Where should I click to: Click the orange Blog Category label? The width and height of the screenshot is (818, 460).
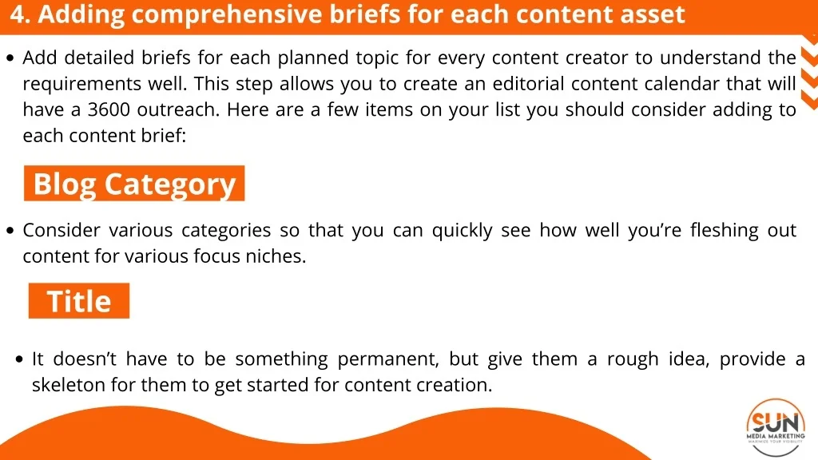click(134, 183)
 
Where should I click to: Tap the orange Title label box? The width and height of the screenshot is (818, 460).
click(79, 300)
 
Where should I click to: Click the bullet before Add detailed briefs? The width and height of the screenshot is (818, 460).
click(10, 57)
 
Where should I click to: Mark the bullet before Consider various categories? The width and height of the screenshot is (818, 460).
click(10, 231)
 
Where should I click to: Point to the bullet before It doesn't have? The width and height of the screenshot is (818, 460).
click(20, 359)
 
